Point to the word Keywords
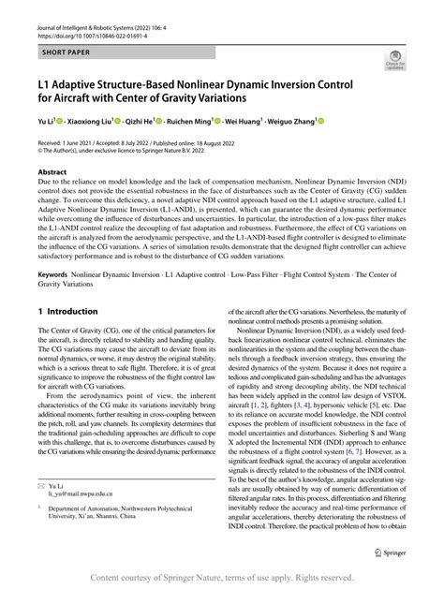(53, 275)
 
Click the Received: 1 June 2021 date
(74, 141)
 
